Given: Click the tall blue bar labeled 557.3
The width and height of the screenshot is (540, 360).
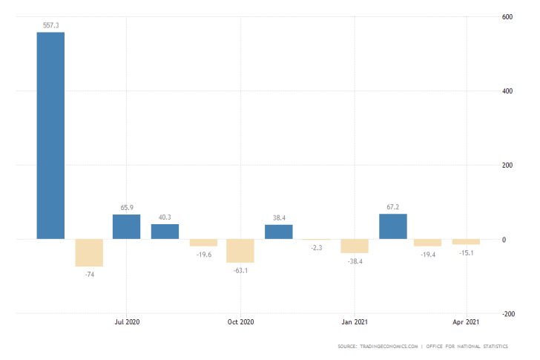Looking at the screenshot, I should pyautogui.click(x=50, y=135).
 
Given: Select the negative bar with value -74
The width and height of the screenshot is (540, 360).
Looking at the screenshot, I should pyautogui.click(x=89, y=252).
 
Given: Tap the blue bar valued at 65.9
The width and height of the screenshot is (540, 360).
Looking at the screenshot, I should pyautogui.click(x=126, y=226).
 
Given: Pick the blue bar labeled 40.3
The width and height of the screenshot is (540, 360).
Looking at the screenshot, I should pyautogui.click(x=165, y=231).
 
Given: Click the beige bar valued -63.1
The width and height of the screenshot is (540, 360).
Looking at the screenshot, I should pyautogui.click(x=240, y=251).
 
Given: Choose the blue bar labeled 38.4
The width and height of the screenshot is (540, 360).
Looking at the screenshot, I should pyautogui.click(x=278, y=232).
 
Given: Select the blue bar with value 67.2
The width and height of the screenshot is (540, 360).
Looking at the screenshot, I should pyautogui.click(x=392, y=226).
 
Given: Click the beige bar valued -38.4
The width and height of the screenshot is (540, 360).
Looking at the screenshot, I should pyautogui.click(x=355, y=246).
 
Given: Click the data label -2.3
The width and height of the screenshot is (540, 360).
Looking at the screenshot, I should pyautogui.click(x=317, y=247).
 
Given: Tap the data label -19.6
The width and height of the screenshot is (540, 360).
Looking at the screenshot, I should pyautogui.click(x=202, y=254).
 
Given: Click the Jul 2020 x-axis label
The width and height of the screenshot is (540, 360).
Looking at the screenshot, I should pyautogui.click(x=127, y=321).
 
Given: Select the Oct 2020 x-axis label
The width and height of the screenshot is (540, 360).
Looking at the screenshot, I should pyautogui.click(x=240, y=321).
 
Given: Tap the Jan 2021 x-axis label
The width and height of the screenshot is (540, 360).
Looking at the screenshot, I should pyautogui.click(x=355, y=321).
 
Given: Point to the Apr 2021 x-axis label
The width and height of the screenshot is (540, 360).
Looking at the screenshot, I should pyautogui.click(x=467, y=321).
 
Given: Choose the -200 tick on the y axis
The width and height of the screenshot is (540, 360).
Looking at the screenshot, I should pyautogui.click(x=510, y=314).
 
